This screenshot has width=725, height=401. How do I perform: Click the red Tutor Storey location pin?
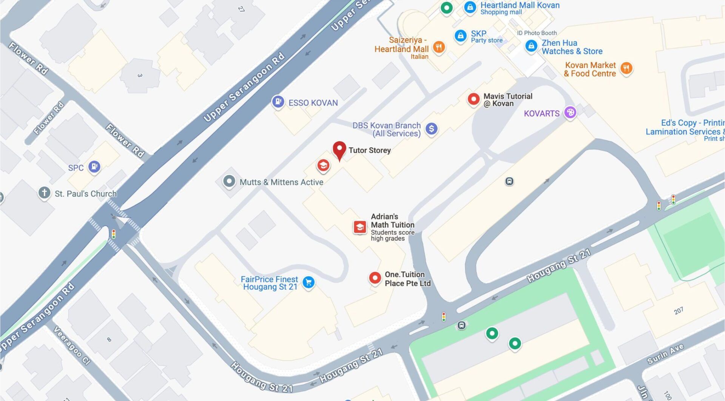[339, 150]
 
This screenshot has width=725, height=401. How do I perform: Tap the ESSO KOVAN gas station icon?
[278, 102]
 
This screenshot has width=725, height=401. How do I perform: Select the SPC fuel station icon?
[94, 167]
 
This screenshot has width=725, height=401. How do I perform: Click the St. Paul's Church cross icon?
[44, 193]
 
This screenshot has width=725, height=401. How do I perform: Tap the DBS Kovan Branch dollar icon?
[431, 129]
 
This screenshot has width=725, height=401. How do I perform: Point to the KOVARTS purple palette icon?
[570, 112]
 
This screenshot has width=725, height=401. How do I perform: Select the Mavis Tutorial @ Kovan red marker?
[474, 99]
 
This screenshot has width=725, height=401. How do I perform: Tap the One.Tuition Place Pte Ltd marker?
[375, 278]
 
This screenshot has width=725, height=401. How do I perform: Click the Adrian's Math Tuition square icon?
[359, 227]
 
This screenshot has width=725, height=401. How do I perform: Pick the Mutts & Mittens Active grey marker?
[229, 181]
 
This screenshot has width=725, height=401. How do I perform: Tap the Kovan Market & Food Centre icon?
[626, 68]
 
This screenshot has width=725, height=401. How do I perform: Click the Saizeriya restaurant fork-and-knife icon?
[438, 47]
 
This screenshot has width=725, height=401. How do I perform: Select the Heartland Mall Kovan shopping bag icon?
[470, 7]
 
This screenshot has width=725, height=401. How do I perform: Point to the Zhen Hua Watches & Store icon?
[531, 46]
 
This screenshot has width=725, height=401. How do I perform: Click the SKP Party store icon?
[460, 36]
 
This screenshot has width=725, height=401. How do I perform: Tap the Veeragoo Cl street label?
[72, 345]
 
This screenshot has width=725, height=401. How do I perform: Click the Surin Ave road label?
[665, 354]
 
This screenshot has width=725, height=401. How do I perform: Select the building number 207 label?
[678, 311]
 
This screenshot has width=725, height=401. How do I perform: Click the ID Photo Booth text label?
[537, 33]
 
